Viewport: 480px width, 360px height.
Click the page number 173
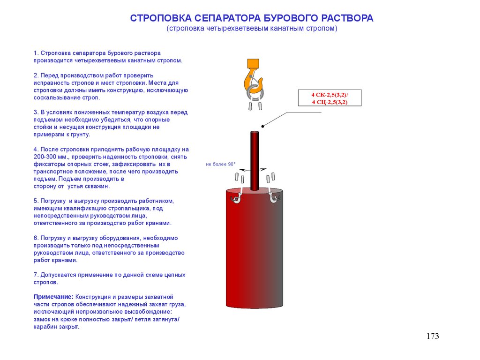(x=433, y=336)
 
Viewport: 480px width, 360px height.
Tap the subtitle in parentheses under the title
(x=252, y=29)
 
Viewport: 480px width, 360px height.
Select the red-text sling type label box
(x=330, y=98)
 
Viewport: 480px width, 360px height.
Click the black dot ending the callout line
(x=262, y=126)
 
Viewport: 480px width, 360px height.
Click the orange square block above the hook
(x=253, y=63)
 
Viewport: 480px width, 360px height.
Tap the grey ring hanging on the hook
(x=255, y=93)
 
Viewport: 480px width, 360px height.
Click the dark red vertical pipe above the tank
(x=255, y=161)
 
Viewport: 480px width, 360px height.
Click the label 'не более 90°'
(x=221, y=164)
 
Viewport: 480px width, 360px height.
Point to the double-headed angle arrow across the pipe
(x=253, y=169)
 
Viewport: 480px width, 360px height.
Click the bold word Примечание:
(x=53, y=297)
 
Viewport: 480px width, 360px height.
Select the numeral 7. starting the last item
(x=36, y=275)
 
